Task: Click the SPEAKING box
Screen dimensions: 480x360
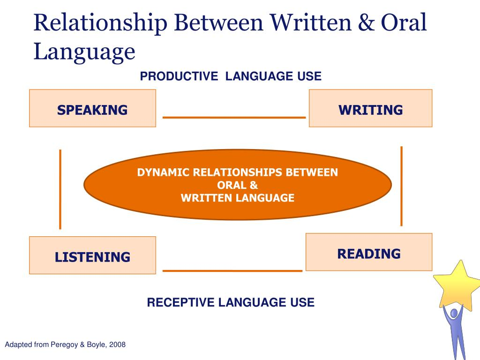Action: pos(92,108)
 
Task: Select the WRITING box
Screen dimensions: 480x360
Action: pos(370,108)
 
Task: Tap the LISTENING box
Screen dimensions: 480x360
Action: pos(92,255)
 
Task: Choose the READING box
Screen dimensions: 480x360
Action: pos(369,252)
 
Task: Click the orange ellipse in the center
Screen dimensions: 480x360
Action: pos(238,185)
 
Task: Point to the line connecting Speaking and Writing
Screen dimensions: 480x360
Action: pos(234,117)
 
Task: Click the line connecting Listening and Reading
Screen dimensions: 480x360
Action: pos(232,270)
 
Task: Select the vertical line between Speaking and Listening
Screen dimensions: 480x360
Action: pos(60,189)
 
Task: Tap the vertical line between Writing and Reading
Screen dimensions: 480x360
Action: pos(401,186)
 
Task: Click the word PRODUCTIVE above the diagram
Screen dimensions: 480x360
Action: pos(179,76)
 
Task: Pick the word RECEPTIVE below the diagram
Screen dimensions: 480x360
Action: pos(180,302)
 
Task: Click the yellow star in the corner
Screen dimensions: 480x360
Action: pos(457,285)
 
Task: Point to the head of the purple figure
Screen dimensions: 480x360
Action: pos(454,313)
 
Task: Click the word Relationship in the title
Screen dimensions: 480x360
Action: pos(100,23)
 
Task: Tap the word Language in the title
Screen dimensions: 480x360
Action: pos(84,52)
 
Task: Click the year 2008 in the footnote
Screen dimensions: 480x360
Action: pos(117,345)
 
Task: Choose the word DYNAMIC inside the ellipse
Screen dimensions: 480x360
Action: pos(164,172)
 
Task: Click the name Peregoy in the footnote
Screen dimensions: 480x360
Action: pos(64,345)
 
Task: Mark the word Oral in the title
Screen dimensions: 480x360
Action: pos(404,22)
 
